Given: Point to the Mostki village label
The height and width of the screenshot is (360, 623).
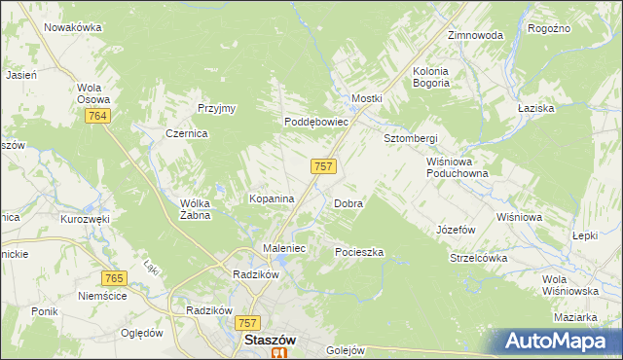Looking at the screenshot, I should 367,99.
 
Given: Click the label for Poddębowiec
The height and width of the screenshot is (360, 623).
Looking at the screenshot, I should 316,123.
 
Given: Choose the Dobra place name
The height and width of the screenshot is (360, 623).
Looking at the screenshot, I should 348,204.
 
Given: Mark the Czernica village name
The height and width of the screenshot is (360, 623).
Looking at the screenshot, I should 186,134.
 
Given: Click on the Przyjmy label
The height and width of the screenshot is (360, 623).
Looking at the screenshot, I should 217,108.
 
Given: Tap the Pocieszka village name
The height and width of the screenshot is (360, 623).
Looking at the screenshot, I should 359,252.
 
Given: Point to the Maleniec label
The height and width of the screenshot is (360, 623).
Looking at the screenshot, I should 285,249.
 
